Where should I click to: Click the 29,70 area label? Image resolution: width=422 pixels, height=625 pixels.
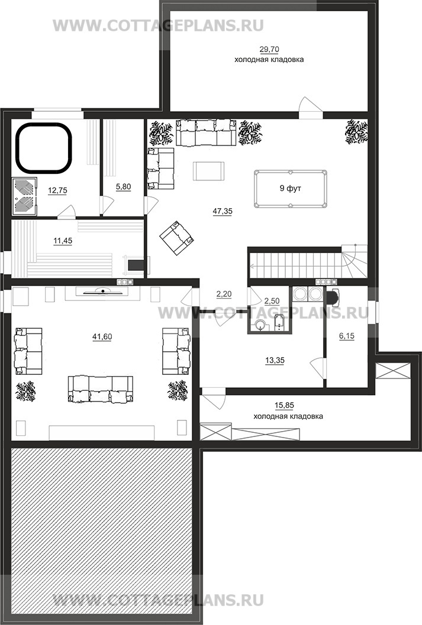pyautogui.click(x=269, y=50)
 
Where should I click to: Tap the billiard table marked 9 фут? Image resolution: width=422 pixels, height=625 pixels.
pyautogui.click(x=291, y=189)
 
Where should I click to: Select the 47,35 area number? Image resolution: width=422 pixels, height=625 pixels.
pyautogui.click(x=223, y=211)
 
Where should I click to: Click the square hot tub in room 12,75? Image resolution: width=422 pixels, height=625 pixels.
pyautogui.click(x=44, y=147)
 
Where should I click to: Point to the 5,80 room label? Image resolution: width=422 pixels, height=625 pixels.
pyautogui.click(x=123, y=186)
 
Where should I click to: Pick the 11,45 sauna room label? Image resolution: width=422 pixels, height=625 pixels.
pyautogui.click(x=63, y=241)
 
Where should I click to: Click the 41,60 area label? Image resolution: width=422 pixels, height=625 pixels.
pyautogui.click(x=102, y=337)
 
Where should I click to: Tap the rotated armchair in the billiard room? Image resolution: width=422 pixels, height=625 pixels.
pyautogui.click(x=177, y=238)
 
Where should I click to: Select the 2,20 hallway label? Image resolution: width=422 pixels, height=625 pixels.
pyautogui.click(x=224, y=294)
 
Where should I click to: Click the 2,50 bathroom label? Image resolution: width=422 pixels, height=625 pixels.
pyautogui.click(x=272, y=302)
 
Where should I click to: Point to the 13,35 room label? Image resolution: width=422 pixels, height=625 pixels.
pyautogui.click(x=275, y=361)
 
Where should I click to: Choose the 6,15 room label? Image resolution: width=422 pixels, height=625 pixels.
pyautogui.click(x=347, y=336)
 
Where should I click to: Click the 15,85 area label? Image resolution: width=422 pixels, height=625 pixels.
pyautogui.click(x=284, y=406)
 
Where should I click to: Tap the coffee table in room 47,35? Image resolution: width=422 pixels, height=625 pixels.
pyautogui.click(x=208, y=171)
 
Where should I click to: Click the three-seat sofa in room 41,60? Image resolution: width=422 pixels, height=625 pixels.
pyautogui.click(x=101, y=388)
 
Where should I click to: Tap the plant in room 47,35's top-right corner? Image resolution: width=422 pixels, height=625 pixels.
pyautogui.click(x=356, y=131)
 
